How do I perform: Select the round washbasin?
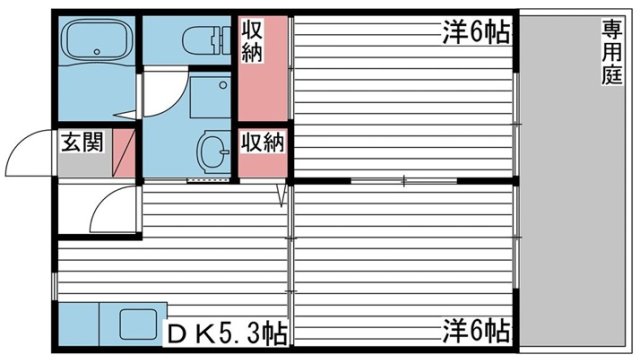(x=212, y=151)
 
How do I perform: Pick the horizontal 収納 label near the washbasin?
(x=262, y=142)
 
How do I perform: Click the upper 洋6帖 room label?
(x=476, y=33)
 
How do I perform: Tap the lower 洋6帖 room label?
(x=476, y=328)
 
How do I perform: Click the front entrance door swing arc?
(x=28, y=152)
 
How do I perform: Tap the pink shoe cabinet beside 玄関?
(x=124, y=150)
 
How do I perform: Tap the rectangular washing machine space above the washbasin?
(x=210, y=98)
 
